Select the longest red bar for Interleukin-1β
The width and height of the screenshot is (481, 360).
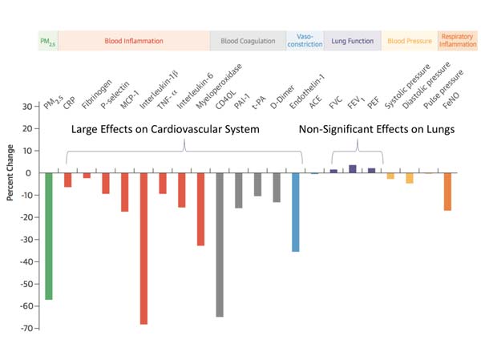tap(143, 248)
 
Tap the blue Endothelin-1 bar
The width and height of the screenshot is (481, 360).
tap(296, 212)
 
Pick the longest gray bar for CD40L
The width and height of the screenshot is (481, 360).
tap(220, 245)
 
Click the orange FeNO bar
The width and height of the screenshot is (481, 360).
tap(447, 192)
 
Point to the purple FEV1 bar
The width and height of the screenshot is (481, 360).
tap(353, 168)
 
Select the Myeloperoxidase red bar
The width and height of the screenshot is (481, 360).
tap(200, 208)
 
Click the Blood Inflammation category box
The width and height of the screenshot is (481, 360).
tap(134, 40)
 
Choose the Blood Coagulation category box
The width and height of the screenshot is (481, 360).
tap(242, 40)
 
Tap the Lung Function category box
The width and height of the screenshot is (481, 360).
tap(353, 40)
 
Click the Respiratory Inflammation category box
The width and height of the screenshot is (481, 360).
tap(459, 40)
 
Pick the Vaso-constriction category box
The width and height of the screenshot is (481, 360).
tap(305, 40)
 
